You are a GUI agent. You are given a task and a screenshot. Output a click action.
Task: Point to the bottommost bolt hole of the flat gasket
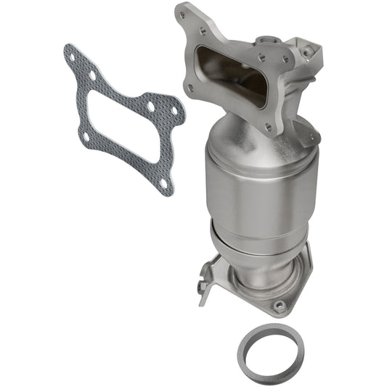point(163,182)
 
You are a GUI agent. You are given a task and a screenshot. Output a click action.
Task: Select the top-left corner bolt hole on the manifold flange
point(184,13)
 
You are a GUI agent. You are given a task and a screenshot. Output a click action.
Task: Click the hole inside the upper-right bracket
point(311,50)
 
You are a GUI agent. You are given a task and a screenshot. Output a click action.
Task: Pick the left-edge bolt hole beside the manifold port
point(190,89)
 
